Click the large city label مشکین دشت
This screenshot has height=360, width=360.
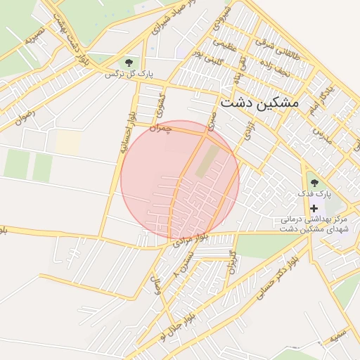pyautogui.click(x=259, y=103)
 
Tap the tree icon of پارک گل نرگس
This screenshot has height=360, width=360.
pyautogui.click(x=127, y=63)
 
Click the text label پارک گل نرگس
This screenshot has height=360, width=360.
pyautogui.click(x=129, y=74)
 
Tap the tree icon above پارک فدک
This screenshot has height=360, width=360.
pyautogui.click(x=314, y=184)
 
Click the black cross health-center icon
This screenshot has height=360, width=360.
pyautogui.click(x=314, y=209)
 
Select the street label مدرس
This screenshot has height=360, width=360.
pyautogui.click(x=321, y=133)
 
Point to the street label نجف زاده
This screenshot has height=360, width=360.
pyautogui.click(x=274, y=67)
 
